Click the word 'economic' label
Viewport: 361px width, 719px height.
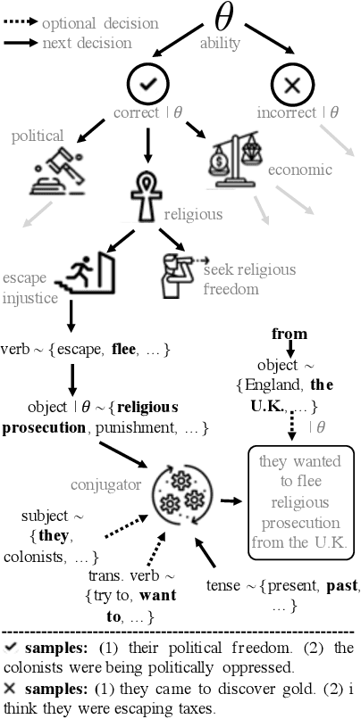point(301,169)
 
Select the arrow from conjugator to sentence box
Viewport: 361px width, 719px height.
point(230,503)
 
